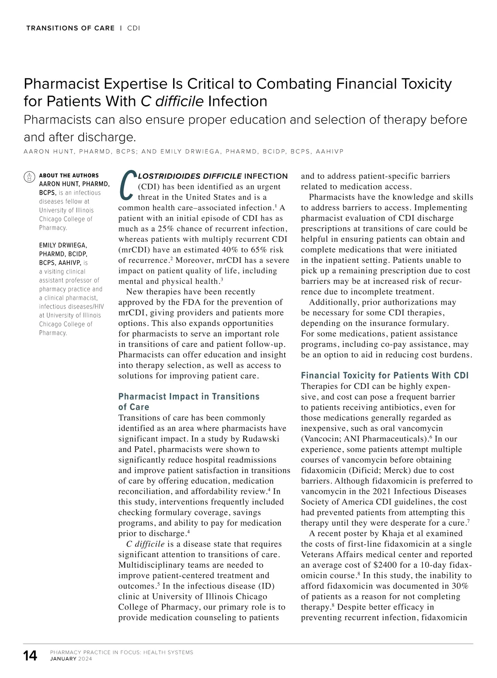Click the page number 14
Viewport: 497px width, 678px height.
(30, 656)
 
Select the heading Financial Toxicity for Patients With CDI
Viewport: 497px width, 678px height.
(384, 375)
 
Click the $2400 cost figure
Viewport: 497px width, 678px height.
(386, 565)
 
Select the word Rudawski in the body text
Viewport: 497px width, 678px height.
(261, 439)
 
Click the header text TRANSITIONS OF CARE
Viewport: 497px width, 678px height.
(70, 28)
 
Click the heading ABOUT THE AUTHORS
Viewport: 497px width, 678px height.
(69, 176)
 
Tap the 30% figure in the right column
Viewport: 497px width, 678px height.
(459, 586)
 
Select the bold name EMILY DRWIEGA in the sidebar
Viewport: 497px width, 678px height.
(63, 245)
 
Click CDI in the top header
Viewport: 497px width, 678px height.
(133, 28)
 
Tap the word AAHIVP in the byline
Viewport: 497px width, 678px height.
(330, 151)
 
